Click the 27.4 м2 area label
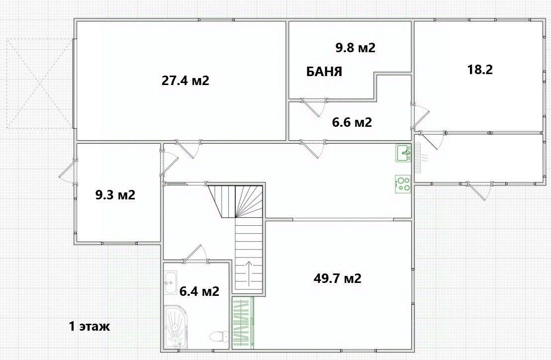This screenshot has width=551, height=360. (185, 81)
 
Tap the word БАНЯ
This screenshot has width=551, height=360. (324, 72)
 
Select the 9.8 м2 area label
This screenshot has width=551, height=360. (355, 47)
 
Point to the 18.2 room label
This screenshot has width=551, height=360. (480, 70)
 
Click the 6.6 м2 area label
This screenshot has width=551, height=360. (352, 122)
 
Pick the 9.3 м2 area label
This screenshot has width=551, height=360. (115, 194)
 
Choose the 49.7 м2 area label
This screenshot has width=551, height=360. (337, 278)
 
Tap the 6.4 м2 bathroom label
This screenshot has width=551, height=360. (199, 291)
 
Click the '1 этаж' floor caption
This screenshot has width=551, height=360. (89, 326)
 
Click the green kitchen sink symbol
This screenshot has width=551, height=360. (404, 153)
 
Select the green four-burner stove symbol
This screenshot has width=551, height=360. (403, 184)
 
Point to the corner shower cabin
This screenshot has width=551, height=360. (176, 328)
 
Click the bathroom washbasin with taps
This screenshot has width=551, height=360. (171, 282)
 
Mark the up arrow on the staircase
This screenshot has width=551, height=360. (249, 274)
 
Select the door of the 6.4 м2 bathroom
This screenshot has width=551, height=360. (195, 254)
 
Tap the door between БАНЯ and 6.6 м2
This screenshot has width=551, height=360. (313, 108)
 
